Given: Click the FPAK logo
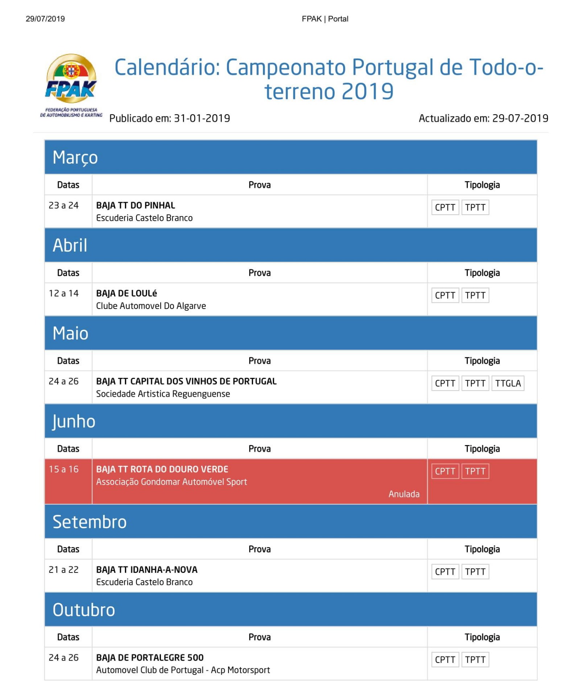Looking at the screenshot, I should tap(71, 85).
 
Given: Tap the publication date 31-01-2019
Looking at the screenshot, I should tap(202, 118).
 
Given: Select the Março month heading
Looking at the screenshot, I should tap(75, 158).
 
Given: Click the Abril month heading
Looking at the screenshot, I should tap(70, 245).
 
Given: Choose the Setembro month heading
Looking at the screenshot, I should tap(90, 522).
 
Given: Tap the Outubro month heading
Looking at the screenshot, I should tap(84, 610).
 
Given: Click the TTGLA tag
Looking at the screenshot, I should tap(508, 383).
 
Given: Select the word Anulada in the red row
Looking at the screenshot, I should tap(404, 494).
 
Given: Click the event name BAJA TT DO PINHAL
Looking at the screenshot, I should tap(136, 205).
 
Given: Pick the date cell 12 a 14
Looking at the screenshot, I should tap(64, 293).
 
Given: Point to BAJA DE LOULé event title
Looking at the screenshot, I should tap(127, 293).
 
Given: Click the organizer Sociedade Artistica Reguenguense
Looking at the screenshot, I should tap(163, 394).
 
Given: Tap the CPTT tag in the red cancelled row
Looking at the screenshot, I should tap(445, 471).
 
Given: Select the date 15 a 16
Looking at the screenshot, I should tap(64, 469).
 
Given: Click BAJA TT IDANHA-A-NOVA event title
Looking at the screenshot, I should tap(147, 570).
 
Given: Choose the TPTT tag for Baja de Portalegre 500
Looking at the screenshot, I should tap(475, 660).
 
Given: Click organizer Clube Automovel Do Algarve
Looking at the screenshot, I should tap(151, 306).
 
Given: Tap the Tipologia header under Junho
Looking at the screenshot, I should tap(482, 449).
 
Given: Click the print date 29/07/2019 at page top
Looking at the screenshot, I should tap(45, 19).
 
